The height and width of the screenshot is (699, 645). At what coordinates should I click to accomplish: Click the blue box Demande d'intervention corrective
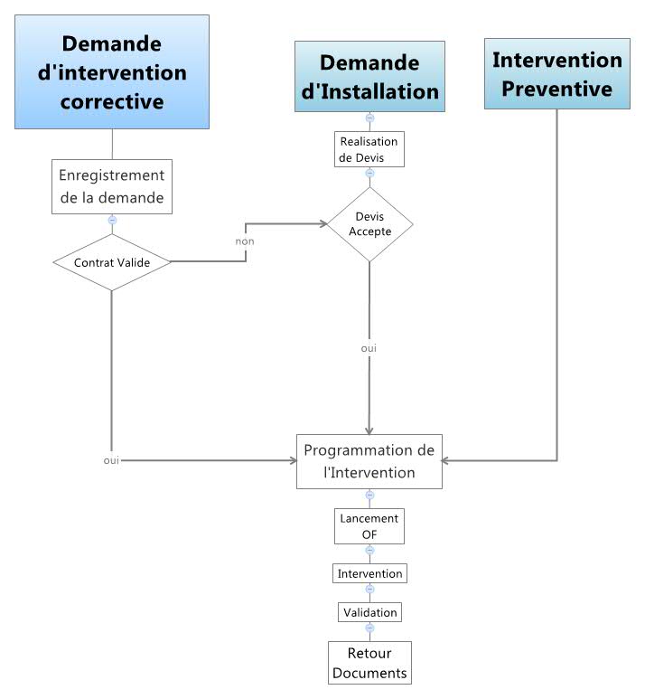[x=112, y=71]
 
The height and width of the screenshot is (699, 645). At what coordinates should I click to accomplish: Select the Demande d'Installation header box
[x=369, y=76]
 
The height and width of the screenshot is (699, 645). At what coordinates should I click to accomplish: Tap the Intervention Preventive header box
[x=556, y=73]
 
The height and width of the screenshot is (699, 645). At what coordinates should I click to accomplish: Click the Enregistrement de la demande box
[x=112, y=186]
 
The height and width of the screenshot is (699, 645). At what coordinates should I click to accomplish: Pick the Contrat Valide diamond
[x=112, y=262]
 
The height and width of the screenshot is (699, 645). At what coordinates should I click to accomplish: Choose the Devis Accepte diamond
[x=369, y=224]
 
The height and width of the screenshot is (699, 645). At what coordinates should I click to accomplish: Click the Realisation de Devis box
[x=369, y=148]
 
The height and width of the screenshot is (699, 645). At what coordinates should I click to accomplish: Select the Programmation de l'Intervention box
[x=369, y=461]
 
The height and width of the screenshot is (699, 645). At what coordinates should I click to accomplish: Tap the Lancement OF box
[x=369, y=526]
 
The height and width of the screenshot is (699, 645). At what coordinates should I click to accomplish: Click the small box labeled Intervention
[x=369, y=574]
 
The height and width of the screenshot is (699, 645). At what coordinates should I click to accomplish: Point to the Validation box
[x=369, y=612]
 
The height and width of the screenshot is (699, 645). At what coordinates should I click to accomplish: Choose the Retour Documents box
[x=369, y=663]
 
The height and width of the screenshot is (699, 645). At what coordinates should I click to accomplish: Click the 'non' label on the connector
[x=245, y=241]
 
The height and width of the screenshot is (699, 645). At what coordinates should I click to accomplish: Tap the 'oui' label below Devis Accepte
[x=369, y=347]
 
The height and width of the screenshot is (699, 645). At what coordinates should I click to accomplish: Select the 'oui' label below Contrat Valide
[x=112, y=461]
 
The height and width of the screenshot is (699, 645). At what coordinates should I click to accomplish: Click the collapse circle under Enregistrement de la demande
[x=112, y=220]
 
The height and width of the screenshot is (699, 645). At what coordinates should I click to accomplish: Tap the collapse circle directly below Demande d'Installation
[x=369, y=118]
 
